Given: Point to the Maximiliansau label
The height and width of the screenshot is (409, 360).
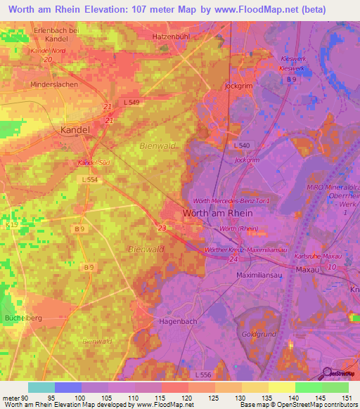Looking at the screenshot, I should (x=264, y=275).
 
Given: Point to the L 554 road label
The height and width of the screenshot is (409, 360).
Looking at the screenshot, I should (x=89, y=180).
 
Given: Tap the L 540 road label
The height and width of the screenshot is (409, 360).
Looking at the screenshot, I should (x=241, y=145).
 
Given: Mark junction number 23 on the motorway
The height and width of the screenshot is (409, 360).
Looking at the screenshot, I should (x=162, y=228).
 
